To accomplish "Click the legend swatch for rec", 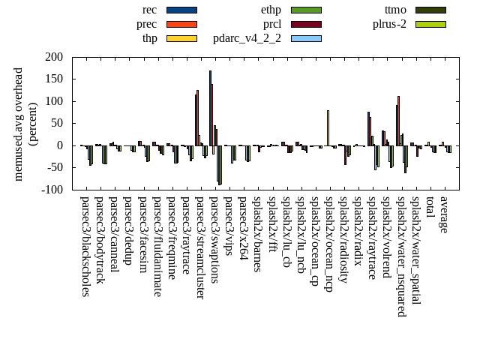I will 181,10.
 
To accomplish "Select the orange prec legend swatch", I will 181,24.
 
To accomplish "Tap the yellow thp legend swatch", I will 181,38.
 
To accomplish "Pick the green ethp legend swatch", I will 306,10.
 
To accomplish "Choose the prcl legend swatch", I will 306,24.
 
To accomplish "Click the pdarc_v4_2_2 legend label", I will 247,38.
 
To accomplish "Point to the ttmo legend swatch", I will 430,10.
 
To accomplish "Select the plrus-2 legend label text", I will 389,24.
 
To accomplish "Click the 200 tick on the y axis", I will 54,57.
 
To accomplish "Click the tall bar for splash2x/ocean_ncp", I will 328,128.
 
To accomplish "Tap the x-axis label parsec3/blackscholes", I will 85,247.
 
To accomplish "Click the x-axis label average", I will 444,214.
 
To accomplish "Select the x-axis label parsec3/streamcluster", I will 200,247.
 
